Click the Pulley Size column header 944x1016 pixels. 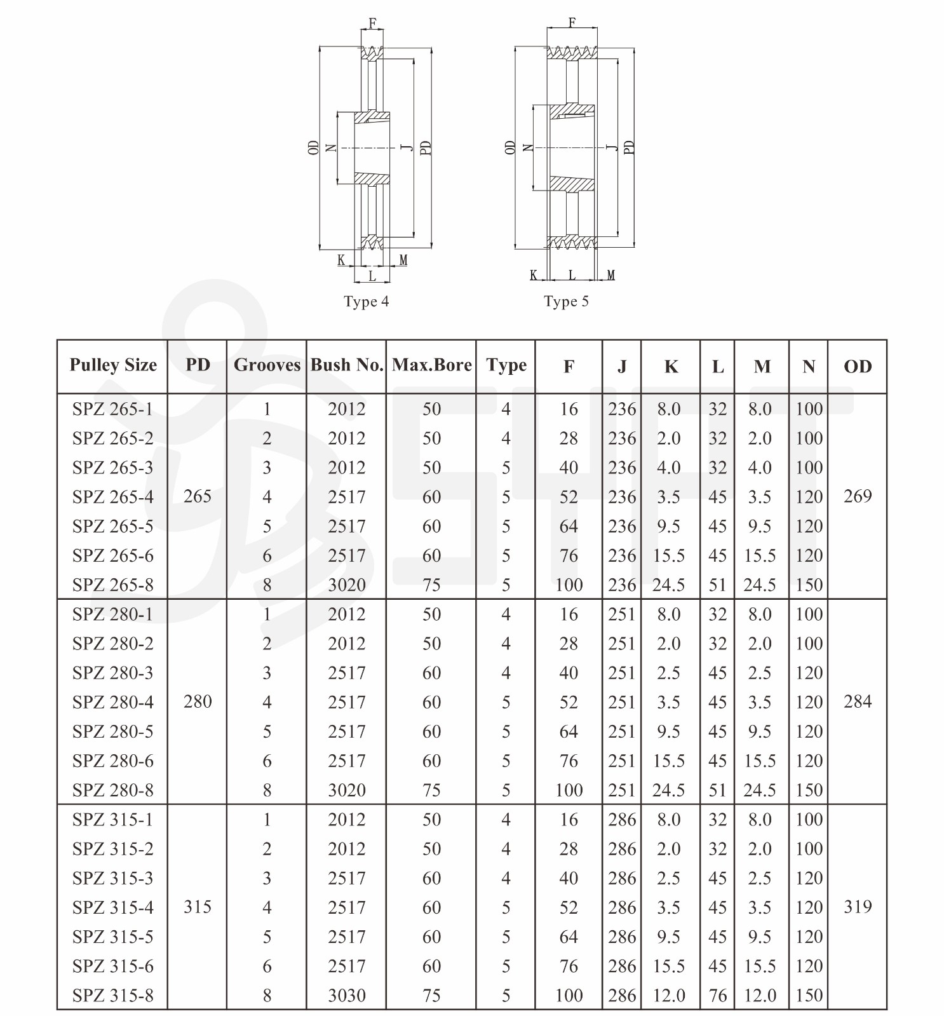pyautogui.click(x=113, y=365)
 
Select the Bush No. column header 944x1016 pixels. pyautogui.click(x=347, y=365)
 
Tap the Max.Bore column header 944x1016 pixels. pyautogui.click(x=432, y=365)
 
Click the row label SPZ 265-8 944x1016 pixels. pyautogui.click(x=113, y=585)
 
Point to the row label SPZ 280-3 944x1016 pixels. pyautogui.click(x=113, y=673)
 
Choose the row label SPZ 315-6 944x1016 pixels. pyautogui.click(x=113, y=966)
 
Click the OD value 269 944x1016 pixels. pyautogui.click(x=858, y=496)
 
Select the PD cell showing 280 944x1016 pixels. pyautogui.click(x=198, y=701)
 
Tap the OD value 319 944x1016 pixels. pyautogui.click(x=858, y=907)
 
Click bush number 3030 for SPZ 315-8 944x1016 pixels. pyautogui.click(x=347, y=995)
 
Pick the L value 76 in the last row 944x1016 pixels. pyautogui.click(x=718, y=995)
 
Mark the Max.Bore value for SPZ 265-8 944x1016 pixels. pyautogui.click(x=432, y=585)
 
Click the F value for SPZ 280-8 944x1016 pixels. pyautogui.click(x=569, y=790)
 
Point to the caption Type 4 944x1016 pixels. pyautogui.click(x=367, y=302)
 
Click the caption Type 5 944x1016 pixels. pyautogui.click(x=566, y=302)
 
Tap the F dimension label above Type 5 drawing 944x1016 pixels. pyautogui.click(x=572, y=23)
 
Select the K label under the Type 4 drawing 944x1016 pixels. pyautogui.click(x=341, y=261)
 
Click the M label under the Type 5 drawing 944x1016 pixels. pyautogui.click(x=610, y=275)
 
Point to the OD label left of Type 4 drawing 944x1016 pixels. pyautogui.click(x=313, y=148)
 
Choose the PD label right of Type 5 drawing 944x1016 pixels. pyautogui.click(x=629, y=147)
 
